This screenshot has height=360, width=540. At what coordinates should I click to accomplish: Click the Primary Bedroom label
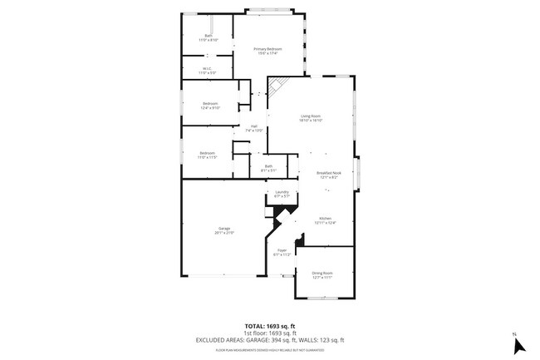(x=268, y=50)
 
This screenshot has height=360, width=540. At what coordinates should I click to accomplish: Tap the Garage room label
(x=224, y=229)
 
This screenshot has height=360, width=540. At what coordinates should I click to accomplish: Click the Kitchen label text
(x=326, y=219)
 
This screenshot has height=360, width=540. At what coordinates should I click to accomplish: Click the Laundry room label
(x=282, y=192)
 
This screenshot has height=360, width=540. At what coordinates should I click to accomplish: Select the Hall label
(x=253, y=126)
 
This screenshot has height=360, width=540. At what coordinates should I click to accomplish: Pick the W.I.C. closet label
(x=207, y=69)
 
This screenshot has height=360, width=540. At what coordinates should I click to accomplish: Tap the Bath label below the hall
(x=268, y=166)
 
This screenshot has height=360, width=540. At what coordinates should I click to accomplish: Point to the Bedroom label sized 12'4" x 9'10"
(x=209, y=104)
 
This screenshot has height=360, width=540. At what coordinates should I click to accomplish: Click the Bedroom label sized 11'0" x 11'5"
(x=208, y=153)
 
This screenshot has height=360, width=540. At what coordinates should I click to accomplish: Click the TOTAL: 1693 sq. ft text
(x=270, y=325)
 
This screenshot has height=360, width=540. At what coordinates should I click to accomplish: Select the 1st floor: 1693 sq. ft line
(x=270, y=333)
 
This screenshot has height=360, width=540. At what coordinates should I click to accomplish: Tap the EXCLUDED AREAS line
(x=270, y=340)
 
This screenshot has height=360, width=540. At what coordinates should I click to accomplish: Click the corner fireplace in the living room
(x=277, y=86)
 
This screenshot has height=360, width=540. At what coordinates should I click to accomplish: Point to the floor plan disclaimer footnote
(x=270, y=350)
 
